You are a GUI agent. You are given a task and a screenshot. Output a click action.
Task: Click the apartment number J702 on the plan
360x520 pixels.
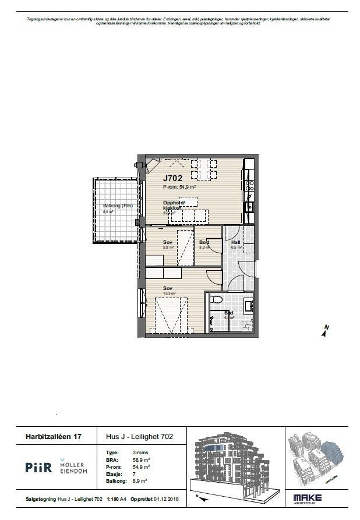[x=172, y=178]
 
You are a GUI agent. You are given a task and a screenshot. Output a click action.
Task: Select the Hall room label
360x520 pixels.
[x=235, y=242]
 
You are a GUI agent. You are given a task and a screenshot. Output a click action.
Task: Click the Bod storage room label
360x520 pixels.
[x=204, y=242]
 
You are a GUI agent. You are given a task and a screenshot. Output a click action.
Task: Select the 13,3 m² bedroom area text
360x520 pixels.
[x=169, y=294]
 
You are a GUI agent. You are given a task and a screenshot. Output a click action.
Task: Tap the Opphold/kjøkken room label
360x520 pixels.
[x=173, y=205]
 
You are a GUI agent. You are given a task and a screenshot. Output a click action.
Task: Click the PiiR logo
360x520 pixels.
[x=39, y=467]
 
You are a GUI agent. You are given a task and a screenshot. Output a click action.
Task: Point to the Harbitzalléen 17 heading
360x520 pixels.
[x=53, y=436]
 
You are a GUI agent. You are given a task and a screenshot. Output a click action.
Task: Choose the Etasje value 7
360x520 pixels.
[x=134, y=474]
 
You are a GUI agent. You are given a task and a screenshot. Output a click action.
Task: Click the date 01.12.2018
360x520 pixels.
[x=168, y=500]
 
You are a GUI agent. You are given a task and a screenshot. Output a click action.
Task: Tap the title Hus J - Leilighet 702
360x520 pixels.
[x=139, y=436]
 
